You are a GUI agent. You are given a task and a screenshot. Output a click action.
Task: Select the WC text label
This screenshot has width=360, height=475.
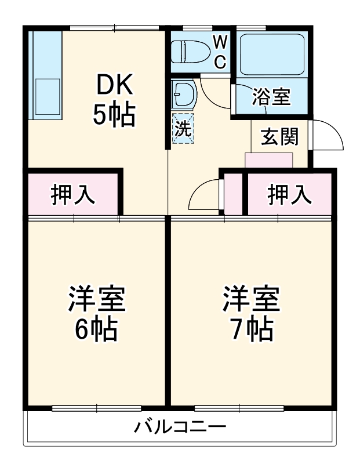220,50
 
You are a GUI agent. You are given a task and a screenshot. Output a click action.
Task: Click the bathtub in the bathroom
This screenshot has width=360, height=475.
271,53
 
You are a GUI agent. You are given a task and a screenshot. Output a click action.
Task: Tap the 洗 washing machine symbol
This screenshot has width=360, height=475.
183,128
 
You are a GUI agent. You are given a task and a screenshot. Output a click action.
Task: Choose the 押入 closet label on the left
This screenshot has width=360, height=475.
73,195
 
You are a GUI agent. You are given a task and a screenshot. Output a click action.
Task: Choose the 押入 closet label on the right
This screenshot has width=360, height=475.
289,195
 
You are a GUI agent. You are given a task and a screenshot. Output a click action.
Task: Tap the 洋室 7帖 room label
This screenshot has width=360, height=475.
252,313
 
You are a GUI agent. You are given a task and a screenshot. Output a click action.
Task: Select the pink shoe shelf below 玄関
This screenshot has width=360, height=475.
269,160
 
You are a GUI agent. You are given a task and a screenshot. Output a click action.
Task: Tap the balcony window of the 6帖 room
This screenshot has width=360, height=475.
96,408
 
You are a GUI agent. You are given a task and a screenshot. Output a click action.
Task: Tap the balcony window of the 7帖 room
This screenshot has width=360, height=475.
239,408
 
